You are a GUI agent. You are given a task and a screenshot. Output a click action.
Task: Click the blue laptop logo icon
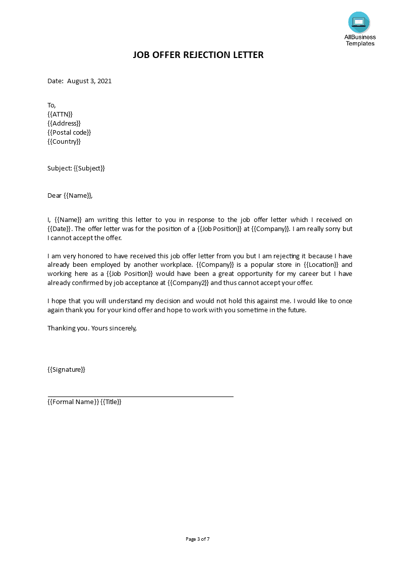pos(359,22)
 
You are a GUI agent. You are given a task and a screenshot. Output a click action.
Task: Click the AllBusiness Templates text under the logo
pos(360,40)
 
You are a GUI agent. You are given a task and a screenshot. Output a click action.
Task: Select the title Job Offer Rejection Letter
pos(198,54)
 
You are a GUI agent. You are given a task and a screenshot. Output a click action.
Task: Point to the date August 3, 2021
pos(89,81)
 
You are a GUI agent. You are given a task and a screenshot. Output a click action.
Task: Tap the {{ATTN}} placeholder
pos(60,114)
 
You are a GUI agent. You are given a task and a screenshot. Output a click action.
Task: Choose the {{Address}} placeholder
pos(64,123)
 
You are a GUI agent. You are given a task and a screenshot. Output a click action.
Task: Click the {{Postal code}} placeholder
pos(69,132)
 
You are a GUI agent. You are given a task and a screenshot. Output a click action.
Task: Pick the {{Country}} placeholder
pos(64,141)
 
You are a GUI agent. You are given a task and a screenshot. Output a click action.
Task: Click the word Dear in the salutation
pos(54,195)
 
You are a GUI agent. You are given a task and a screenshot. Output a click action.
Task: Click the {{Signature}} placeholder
pos(66,369)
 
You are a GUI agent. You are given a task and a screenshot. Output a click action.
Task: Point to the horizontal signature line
pos(140,397)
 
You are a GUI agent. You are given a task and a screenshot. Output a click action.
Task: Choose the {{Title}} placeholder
pos(111,402)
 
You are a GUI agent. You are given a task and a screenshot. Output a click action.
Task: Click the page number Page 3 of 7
pos(198,539)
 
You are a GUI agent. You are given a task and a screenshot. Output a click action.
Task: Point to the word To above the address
pos(51,105)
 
